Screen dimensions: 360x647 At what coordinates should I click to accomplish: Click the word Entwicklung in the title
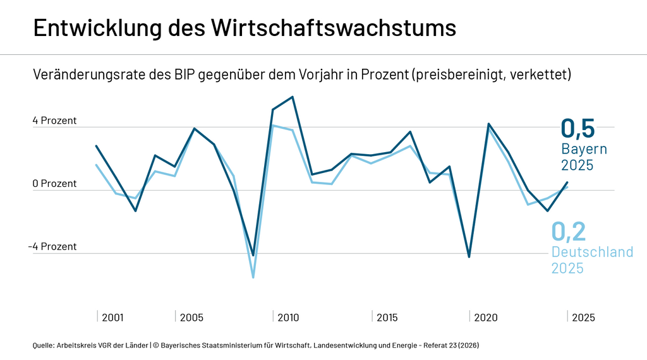point(93,29)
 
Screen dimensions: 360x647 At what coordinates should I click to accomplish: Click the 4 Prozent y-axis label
point(55,121)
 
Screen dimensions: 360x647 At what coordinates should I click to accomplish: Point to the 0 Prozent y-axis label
point(55,184)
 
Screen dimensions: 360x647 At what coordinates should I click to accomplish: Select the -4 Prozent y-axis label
point(52,247)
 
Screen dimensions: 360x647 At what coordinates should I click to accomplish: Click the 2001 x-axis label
point(113,317)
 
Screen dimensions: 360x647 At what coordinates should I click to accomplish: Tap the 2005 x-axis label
point(191,317)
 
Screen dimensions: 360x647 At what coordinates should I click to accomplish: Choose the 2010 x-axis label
point(289,317)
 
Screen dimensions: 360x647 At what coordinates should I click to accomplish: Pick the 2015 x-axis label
point(387,317)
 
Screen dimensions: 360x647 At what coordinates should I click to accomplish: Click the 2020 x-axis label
point(485,317)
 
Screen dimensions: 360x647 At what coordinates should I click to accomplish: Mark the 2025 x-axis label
point(583,317)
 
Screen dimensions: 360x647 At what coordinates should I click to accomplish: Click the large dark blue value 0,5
point(578,128)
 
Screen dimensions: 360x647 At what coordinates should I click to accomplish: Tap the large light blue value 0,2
point(569,232)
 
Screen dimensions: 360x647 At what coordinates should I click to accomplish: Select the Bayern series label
point(584,150)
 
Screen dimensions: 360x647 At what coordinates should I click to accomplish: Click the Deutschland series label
point(592,253)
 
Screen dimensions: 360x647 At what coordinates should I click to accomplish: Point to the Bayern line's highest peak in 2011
point(292,97)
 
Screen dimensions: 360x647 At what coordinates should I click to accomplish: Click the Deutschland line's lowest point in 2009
point(253,277)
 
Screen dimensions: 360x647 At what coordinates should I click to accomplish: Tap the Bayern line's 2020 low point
point(469,256)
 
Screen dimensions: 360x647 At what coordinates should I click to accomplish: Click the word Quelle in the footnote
point(43,345)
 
